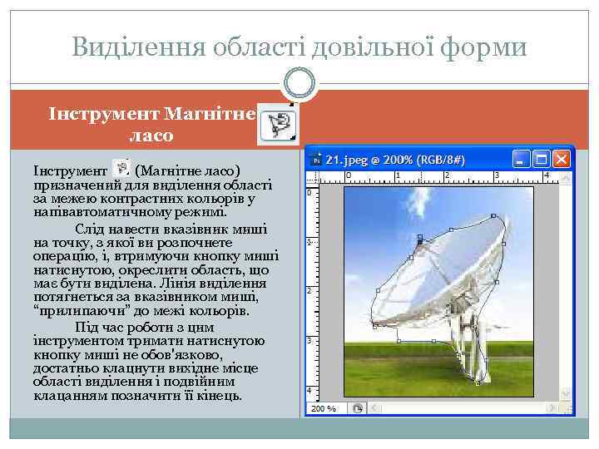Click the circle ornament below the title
tap(299, 81)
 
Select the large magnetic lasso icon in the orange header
tap(278, 125)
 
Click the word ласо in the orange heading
tap(151, 134)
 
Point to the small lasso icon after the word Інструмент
tap(120, 168)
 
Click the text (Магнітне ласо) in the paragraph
tap(187, 170)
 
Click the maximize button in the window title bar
tap(542, 159)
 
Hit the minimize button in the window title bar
tap(522, 159)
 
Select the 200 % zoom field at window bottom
tap(324, 408)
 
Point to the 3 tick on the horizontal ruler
tap(498, 175)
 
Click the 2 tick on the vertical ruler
tap(310, 291)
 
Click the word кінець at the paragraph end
tap(220, 396)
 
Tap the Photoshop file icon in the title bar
tap(315, 159)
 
